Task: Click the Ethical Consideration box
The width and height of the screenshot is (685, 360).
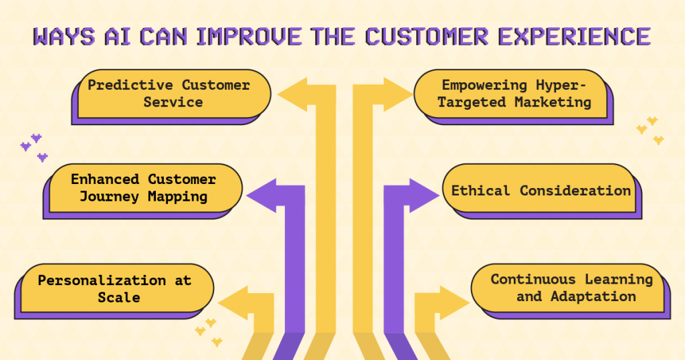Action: [541, 191]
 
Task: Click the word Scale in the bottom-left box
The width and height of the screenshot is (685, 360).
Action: [118, 297]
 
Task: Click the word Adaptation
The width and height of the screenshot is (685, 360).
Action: [593, 296]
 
